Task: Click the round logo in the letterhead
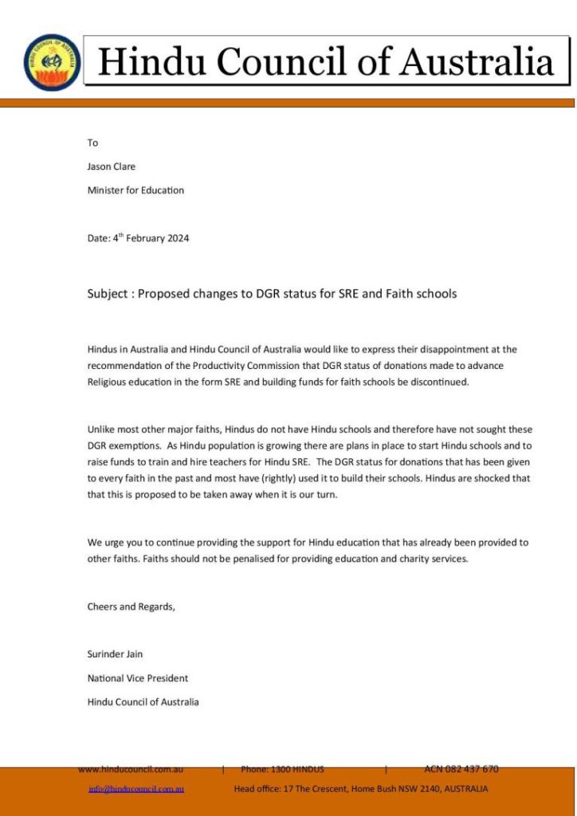(x=52, y=62)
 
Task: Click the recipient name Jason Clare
(x=112, y=167)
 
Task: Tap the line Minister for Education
(x=135, y=190)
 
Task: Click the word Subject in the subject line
(x=108, y=293)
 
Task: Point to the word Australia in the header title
(x=477, y=61)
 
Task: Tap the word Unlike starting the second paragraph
(x=101, y=430)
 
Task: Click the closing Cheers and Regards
(x=131, y=606)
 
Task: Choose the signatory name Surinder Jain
(x=115, y=654)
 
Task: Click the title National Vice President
(x=137, y=678)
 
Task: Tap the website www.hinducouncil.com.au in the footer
(x=131, y=769)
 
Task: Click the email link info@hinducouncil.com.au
(x=136, y=789)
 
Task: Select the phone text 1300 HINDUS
(x=296, y=769)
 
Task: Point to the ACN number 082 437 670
(x=473, y=769)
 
